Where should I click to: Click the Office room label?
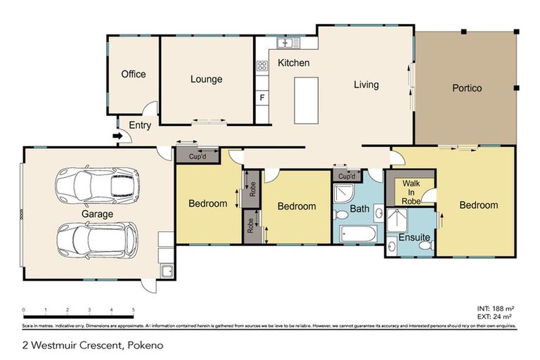pyautogui.click(x=134, y=74)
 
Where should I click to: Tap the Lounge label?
pyautogui.click(x=206, y=79)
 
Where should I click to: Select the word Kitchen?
pyautogui.click(x=293, y=63)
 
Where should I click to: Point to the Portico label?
pyautogui.click(x=466, y=89)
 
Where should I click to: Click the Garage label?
pyautogui.click(x=97, y=214)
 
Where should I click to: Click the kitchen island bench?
pyautogui.click(x=307, y=100)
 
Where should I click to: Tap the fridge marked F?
pyautogui.click(x=262, y=97)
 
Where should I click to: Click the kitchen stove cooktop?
pyautogui.click(x=262, y=67)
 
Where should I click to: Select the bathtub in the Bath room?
pyautogui.click(x=359, y=234)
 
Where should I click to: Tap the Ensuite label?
pyautogui.click(x=414, y=238)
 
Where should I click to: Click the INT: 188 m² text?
pyautogui.click(x=495, y=309)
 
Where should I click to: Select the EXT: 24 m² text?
pyautogui.click(x=496, y=316)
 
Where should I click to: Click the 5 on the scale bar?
pyautogui.click(x=133, y=309)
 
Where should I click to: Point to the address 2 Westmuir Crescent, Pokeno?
pyautogui.click(x=86, y=345)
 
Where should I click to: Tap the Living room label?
pyautogui.click(x=366, y=85)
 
